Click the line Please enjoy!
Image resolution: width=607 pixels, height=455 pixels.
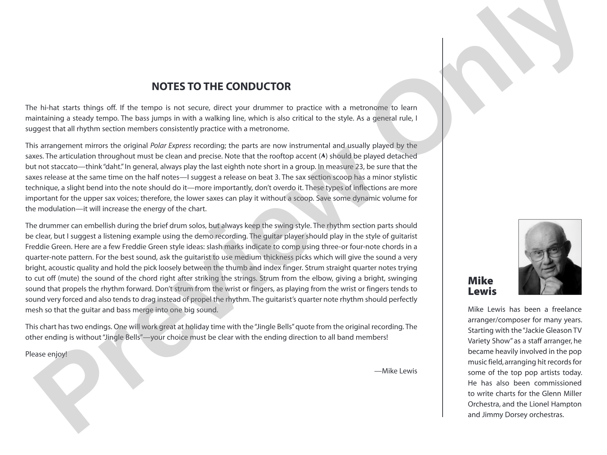[x=46, y=354]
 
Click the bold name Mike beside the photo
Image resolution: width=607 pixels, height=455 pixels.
[x=480, y=281]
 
